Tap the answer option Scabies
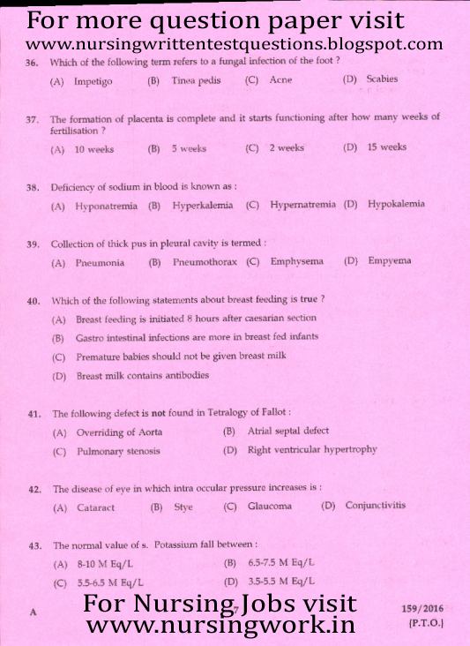382,79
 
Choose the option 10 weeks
94,149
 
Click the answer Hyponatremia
106,206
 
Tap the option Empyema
389,261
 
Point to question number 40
33,301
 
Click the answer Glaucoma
269,507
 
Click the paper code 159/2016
422,608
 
